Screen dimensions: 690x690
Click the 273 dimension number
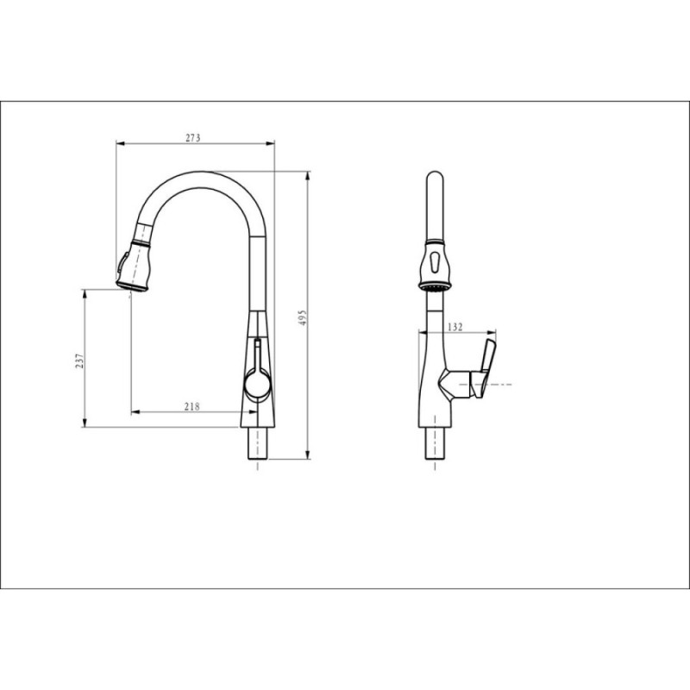click(x=192, y=138)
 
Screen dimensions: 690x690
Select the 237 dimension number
click(x=78, y=361)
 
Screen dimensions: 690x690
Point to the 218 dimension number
click(x=191, y=406)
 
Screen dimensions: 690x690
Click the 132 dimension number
click(x=455, y=327)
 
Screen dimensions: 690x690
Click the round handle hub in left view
click(x=257, y=382)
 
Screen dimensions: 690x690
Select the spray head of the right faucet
click(x=435, y=266)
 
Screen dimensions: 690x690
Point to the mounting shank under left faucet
click(x=257, y=443)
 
